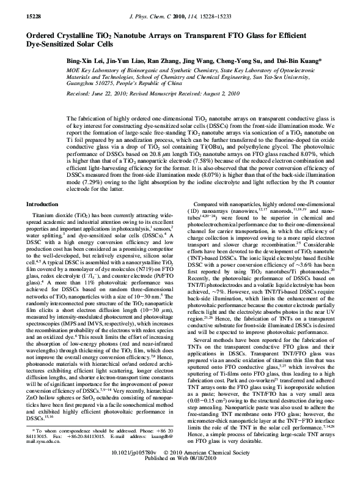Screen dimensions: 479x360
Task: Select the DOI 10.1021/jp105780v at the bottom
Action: point(152,467)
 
